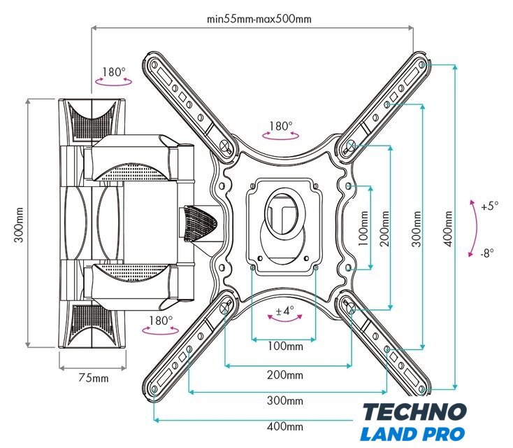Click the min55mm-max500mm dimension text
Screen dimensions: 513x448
[259, 19]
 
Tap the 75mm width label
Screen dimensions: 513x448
[93, 378]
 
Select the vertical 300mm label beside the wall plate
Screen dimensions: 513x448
[19, 225]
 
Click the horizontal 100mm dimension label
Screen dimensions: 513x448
[285, 346]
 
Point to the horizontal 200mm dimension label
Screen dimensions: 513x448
[285, 374]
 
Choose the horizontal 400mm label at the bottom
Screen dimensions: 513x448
[285, 426]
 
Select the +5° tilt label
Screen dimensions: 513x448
[490, 206]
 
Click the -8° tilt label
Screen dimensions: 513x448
[487, 253]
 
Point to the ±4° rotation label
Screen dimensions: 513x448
[284, 310]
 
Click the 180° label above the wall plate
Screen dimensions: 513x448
[114, 72]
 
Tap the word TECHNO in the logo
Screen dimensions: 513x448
[414, 412]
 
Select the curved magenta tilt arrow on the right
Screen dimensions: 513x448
[475, 228]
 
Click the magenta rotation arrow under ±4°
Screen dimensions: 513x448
[285, 319]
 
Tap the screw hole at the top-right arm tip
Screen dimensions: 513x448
[421, 64]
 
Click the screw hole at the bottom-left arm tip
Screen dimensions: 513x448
[154, 389]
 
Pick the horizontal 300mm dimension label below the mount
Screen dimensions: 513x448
[285, 400]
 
